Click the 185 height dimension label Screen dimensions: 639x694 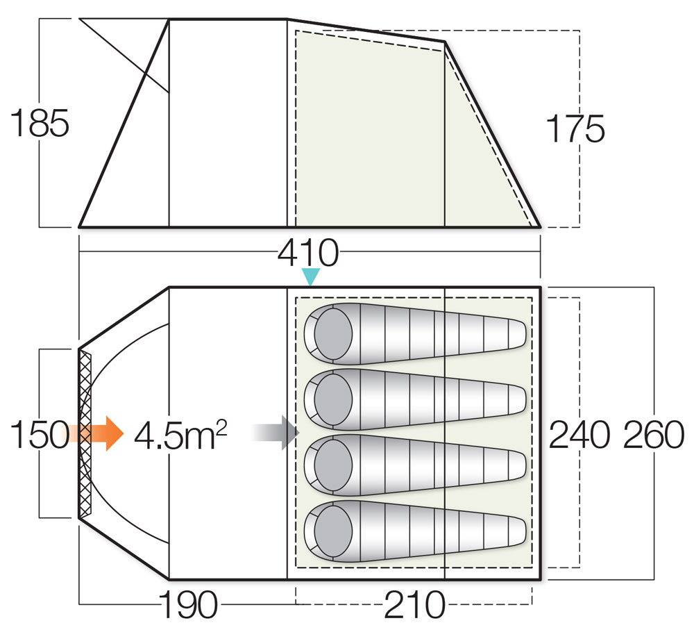40,124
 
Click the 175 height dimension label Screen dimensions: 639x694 575,128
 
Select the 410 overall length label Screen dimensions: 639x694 308,254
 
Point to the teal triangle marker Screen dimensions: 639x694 310,277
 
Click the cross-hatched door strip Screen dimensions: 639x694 85,433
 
